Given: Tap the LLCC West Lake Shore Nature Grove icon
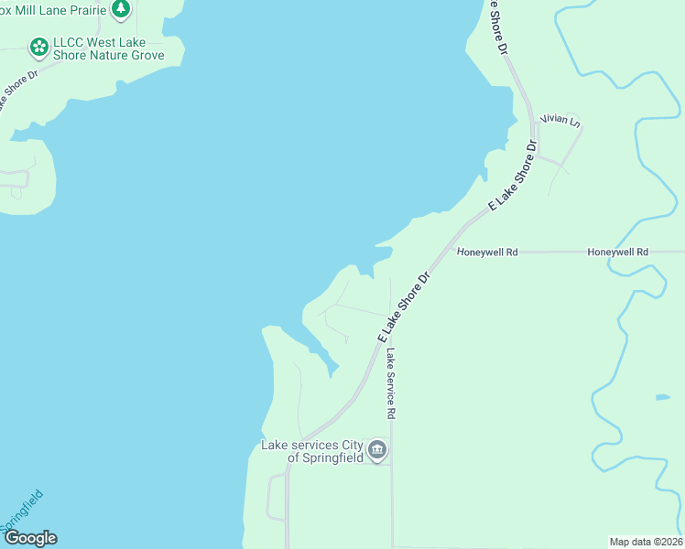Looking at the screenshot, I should [38, 46].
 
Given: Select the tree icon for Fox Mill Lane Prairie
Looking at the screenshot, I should [121, 8].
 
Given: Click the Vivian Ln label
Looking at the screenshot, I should [560, 120].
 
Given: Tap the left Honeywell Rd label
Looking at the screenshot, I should [487, 252].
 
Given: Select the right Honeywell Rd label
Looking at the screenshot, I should [617, 252].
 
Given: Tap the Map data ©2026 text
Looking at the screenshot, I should [646, 541].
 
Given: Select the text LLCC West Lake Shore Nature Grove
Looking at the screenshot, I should [109, 49].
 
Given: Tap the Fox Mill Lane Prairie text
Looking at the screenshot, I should [54, 8].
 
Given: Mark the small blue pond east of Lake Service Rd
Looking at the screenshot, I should [662, 397].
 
